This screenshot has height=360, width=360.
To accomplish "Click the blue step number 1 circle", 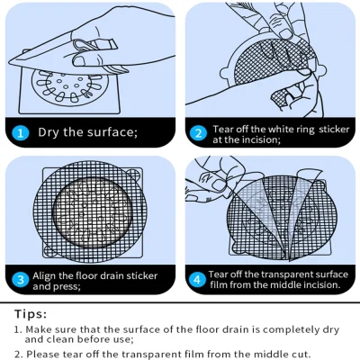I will pyautogui.click(x=20, y=133).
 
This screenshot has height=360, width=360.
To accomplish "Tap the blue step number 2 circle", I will pyautogui.click(x=199, y=133).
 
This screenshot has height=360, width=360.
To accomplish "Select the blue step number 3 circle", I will pyautogui.click(x=20, y=279).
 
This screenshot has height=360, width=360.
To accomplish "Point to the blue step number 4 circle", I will pyautogui.click(x=199, y=279).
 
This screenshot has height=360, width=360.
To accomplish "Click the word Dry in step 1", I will pyautogui.click(x=50, y=133).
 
